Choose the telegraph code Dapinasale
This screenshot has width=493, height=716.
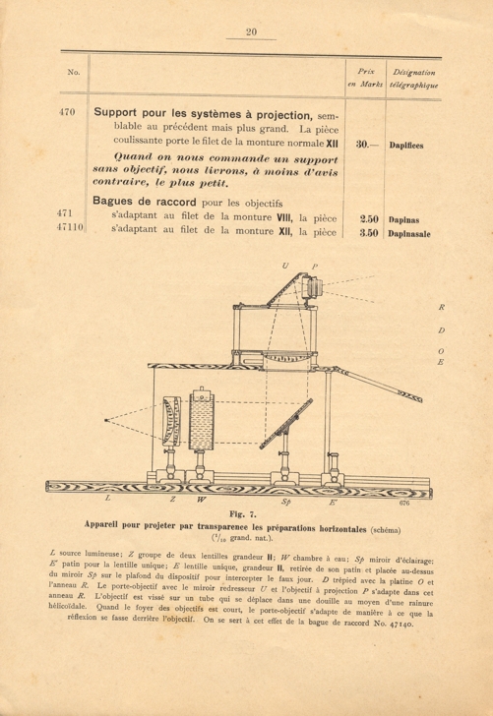[x=414, y=232]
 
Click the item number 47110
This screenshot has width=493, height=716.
[x=68, y=230]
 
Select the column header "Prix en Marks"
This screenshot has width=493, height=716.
[x=368, y=79]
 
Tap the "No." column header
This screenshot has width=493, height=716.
[x=73, y=73]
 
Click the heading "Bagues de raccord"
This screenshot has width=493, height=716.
[x=147, y=201]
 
